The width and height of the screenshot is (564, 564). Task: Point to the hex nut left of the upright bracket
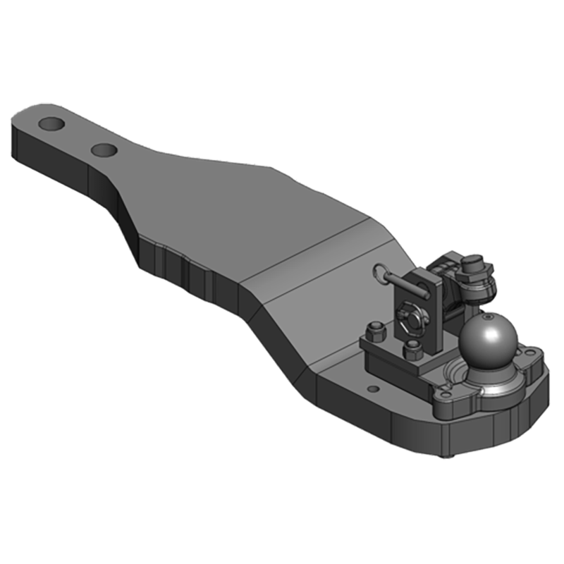click(x=376, y=329)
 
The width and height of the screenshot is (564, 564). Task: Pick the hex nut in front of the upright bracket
click(x=414, y=348)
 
